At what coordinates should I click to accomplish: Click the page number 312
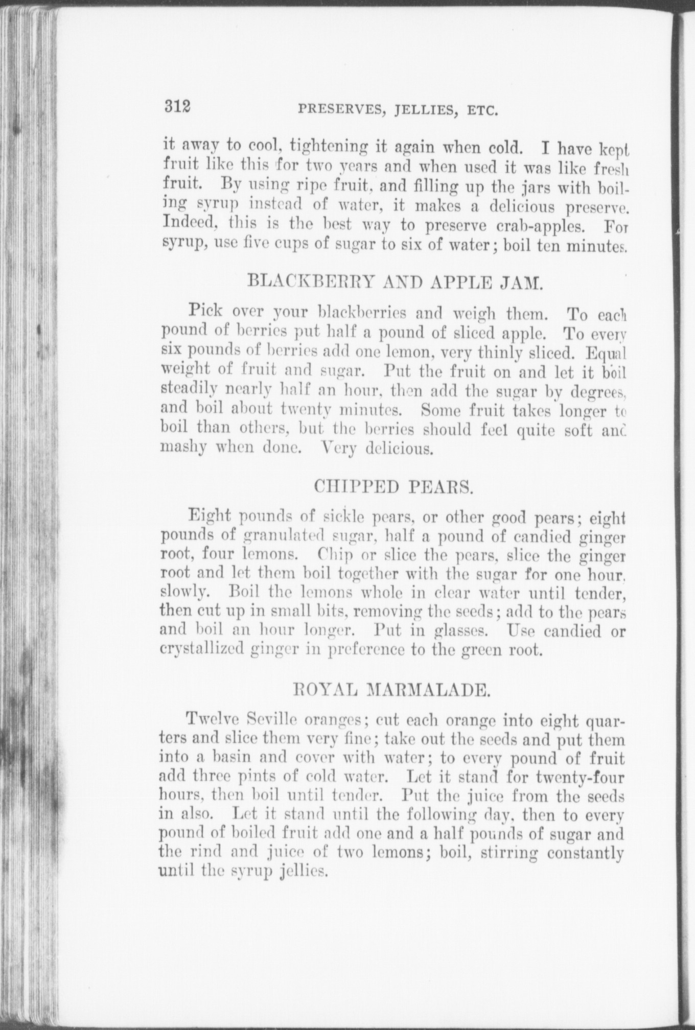click(177, 107)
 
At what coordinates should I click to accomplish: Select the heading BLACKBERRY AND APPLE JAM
click(393, 281)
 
